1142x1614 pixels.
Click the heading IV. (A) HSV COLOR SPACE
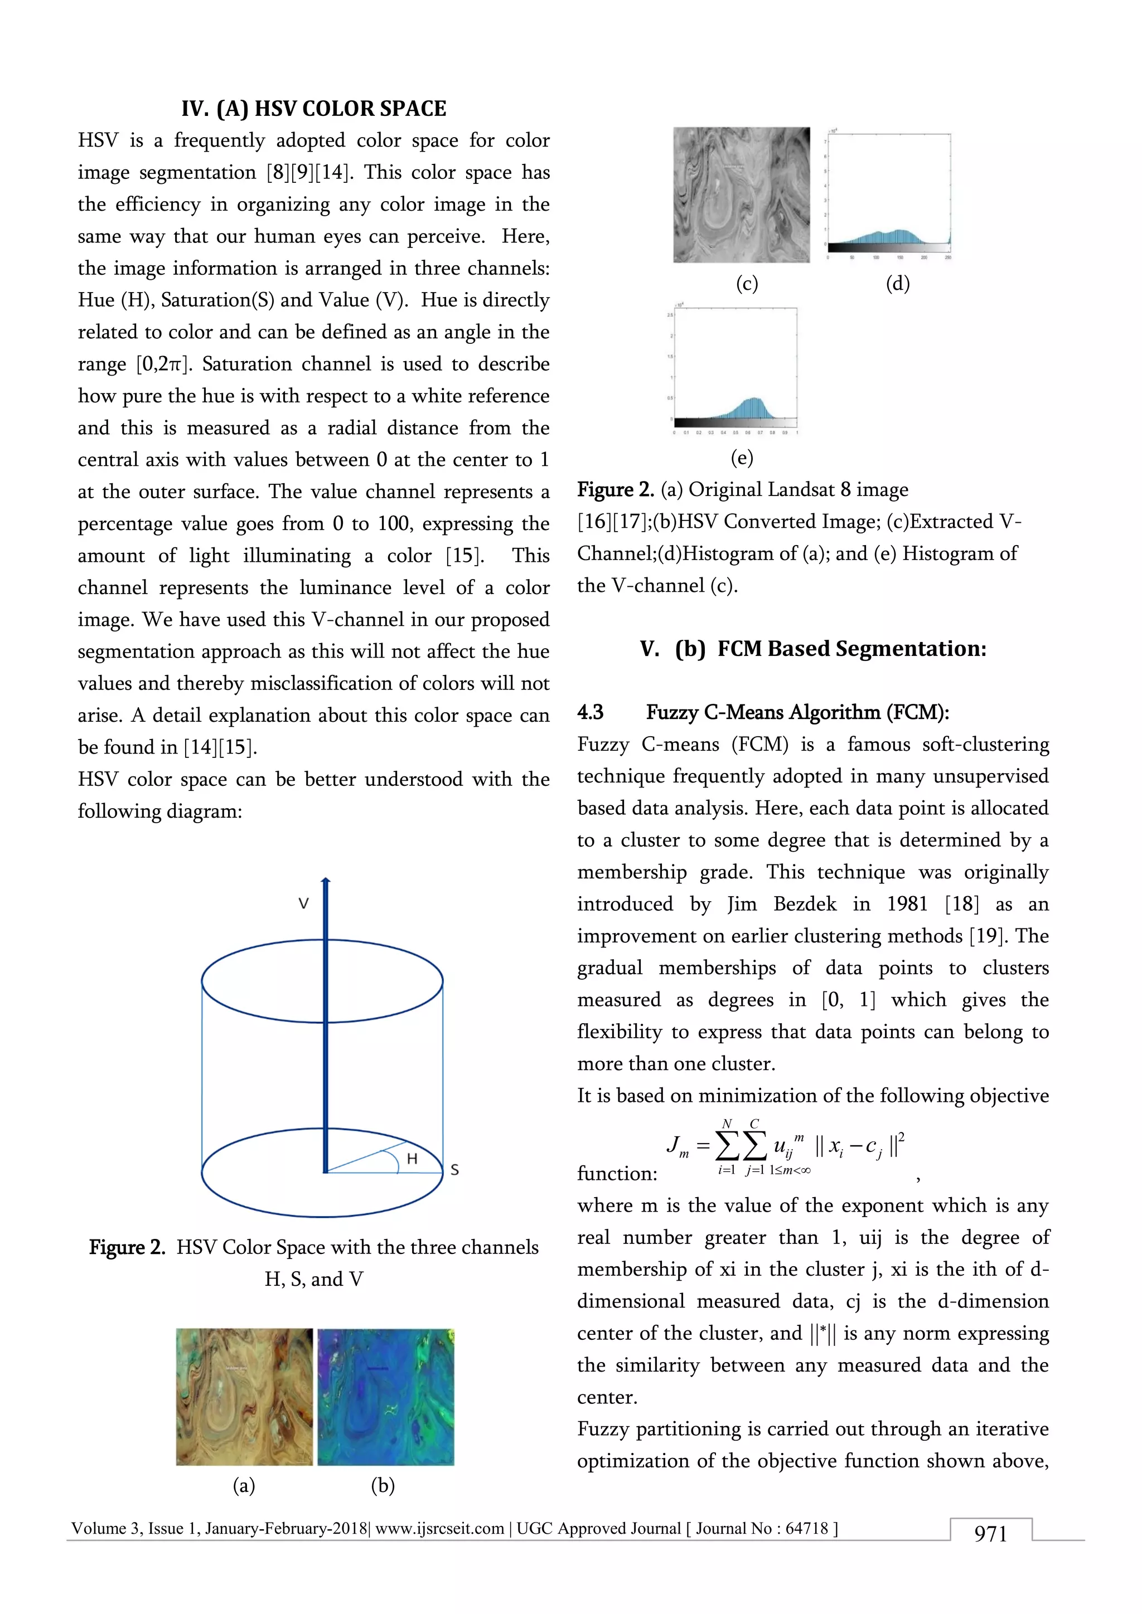313,109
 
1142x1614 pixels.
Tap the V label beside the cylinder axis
303,904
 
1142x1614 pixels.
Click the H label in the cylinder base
412,1159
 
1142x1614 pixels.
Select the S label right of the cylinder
454,1170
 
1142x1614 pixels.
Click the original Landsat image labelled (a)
244,1397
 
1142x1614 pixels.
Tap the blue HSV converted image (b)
385,1397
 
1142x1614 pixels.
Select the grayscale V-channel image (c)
741,195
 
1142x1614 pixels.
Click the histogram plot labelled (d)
889,195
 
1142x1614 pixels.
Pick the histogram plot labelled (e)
735,369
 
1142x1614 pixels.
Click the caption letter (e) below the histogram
742,458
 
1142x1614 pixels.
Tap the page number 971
990,1534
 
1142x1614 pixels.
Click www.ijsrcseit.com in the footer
439,1528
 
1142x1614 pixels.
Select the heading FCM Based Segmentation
851,649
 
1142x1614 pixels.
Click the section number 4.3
590,713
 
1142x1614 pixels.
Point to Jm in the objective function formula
677,1146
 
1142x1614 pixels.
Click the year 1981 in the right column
907,904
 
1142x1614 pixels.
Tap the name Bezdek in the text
805,904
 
